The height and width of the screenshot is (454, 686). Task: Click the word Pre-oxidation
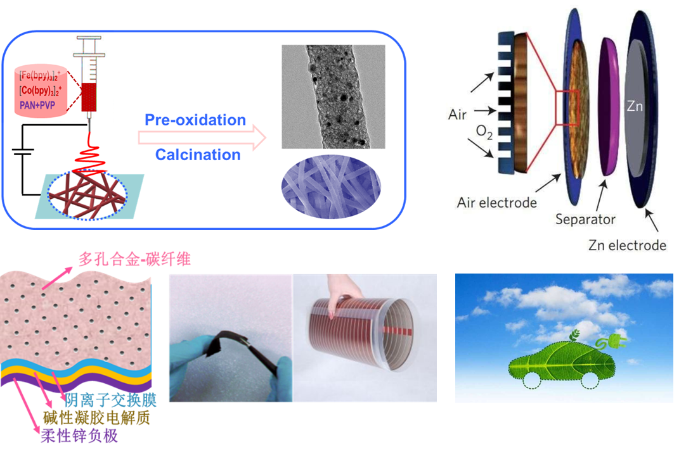195,120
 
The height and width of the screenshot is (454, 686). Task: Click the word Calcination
198,154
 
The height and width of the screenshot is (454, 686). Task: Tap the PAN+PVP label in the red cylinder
37,105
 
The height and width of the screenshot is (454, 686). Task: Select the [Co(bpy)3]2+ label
40,91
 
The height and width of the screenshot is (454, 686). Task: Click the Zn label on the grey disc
635,106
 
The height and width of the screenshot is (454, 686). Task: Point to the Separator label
585,219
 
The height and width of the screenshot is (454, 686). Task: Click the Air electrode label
496,203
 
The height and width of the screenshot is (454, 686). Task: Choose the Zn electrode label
627,245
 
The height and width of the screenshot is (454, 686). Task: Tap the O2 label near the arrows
484,132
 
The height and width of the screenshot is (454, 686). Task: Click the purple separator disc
609,106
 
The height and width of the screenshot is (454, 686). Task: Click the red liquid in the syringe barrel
89,97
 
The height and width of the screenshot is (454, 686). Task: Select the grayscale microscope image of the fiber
333,97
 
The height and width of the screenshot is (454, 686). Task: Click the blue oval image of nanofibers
331,187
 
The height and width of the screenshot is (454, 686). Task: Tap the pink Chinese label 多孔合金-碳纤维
135,259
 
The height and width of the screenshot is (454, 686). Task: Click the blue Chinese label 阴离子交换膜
111,400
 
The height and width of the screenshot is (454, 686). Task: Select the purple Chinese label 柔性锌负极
79,436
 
